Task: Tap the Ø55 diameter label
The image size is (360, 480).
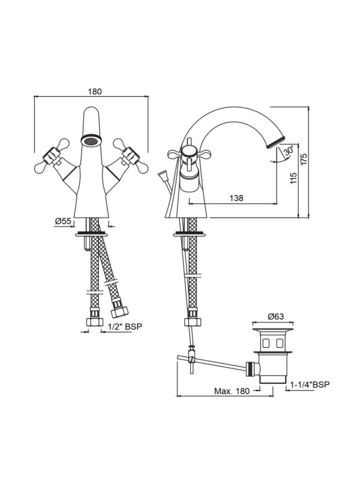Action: pos(63,221)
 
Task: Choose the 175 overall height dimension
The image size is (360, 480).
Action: pos(304,159)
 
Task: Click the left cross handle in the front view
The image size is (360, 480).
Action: pos(50,156)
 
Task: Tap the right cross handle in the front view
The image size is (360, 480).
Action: pos(131,155)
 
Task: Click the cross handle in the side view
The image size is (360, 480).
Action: pos(188,154)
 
